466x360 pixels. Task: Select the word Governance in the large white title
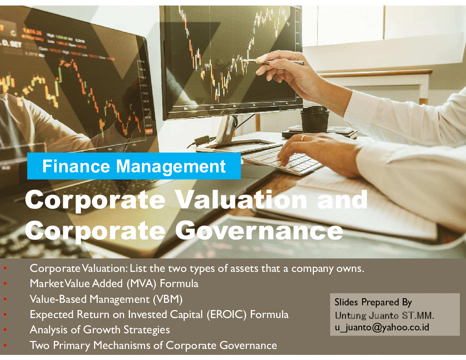[x=259, y=230]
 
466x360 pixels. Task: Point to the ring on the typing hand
[x=302, y=138]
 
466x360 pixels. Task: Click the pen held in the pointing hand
[x=273, y=61]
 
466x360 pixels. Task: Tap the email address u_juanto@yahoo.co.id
[x=382, y=327]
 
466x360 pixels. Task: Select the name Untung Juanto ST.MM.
[x=384, y=315]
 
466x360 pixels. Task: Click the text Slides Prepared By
[x=373, y=302]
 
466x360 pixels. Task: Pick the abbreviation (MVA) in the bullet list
[x=141, y=284]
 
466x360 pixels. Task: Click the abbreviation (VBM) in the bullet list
[x=168, y=299]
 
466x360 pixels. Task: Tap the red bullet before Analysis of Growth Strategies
[x=5, y=330]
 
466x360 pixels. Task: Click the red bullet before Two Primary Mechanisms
[x=5, y=345]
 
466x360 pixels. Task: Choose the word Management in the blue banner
[x=171, y=166]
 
